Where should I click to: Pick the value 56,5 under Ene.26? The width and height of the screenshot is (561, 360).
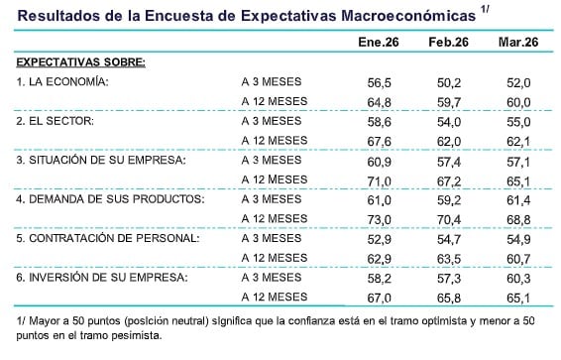pyautogui.click(x=379, y=81)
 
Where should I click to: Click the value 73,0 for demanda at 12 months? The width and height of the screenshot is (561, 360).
pyautogui.click(x=379, y=218)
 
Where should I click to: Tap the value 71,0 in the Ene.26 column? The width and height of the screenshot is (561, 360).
pyautogui.click(x=379, y=180)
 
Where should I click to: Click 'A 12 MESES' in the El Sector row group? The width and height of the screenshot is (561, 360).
pyautogui.click(x=274, y=140)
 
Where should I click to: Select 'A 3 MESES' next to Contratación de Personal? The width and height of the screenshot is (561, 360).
pyautogui.click(x=271, y=238)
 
